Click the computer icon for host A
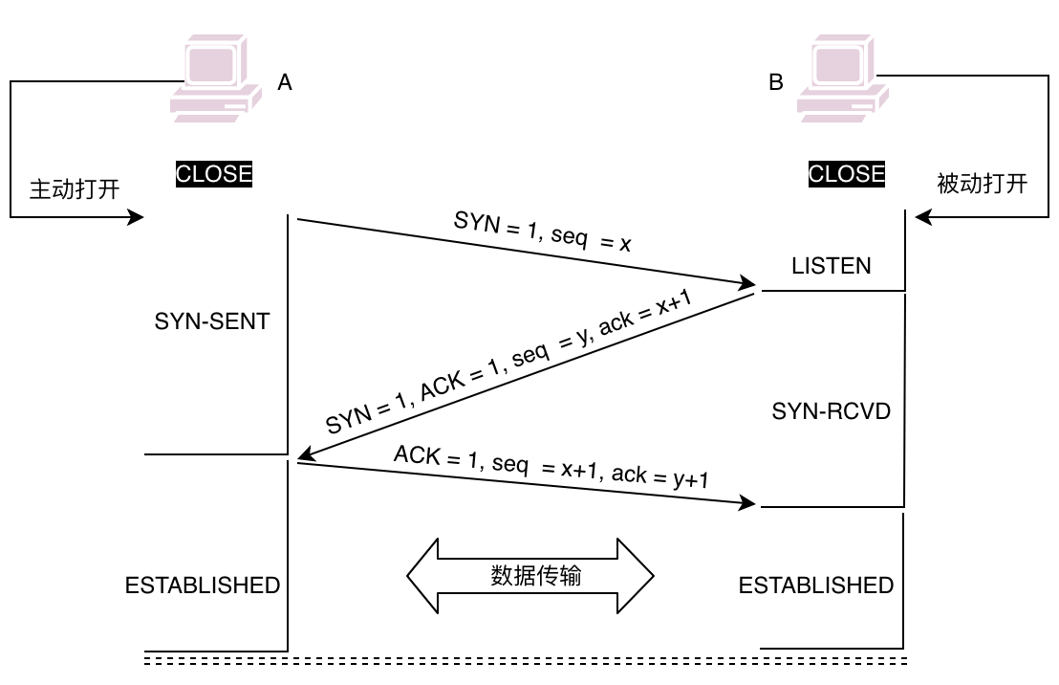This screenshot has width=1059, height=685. pyautogui.click(x=216, y=79)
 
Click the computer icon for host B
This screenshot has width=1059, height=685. pyautogui.click(x=843, y=79)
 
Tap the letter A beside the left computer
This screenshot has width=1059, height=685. pyautogui.click(x=284, y=83)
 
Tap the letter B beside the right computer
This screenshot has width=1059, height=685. pyautogui.click(x=775, y=83)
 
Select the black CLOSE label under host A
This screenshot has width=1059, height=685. pyautogui.click(x=214, y=174)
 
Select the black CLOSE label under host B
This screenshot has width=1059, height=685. pyautogui.click(x=847, y=174)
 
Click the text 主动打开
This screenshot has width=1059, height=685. pyautogui.click(x=75, y=188)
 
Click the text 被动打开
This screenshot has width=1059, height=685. pyautogui.click(x=983, y=184)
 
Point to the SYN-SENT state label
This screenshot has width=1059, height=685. pyautogui.click(x=212, y=321)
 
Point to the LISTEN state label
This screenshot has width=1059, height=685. pyautogui.click(x=832, y=266)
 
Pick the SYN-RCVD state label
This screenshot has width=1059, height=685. pyautogui.click(x=832, y=411)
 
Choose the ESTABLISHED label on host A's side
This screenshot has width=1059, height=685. pyautogui.click(x=203, y=585)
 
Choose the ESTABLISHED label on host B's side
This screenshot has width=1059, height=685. pyautogui.click(x=816, y=585)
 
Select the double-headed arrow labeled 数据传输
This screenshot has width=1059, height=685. pyautogui.click(x=530, y=576)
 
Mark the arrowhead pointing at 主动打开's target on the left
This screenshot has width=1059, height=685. pyautogui.click(x=136, y=218)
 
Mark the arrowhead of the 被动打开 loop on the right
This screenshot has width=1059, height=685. pyautogui.click(x=922, y=218)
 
